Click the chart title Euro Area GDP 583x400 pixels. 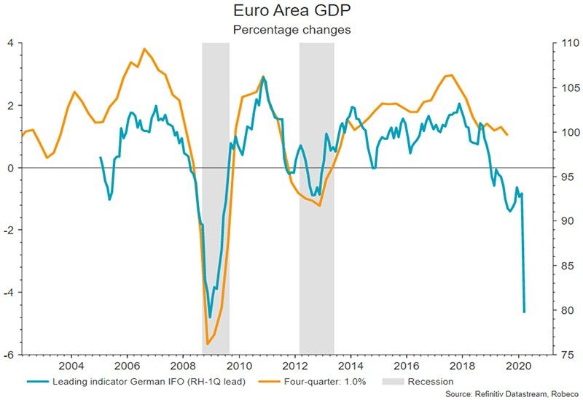point(291,12)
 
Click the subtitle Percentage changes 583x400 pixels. point(291,30)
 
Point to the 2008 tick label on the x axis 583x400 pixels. point(183,365)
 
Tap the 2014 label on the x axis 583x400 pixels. point(351,365)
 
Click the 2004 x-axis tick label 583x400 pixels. point(71,365)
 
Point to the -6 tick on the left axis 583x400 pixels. point(10,355)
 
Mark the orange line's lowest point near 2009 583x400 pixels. point(208,344)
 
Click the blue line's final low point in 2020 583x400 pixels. point(524,312)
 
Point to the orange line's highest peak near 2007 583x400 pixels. point(144,49)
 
